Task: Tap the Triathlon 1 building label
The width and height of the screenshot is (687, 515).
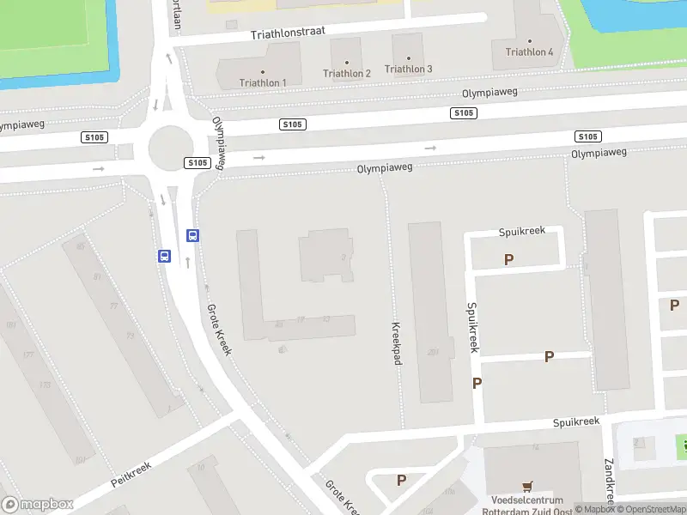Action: [x=263, y=82]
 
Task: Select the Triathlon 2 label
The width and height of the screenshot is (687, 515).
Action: [x=347, y=73]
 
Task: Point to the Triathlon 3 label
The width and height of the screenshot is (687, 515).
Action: [x=409, y=69]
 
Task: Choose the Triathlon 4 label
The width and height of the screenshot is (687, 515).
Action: [x=530, y=51]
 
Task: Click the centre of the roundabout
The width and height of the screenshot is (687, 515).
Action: [x=168, y=148]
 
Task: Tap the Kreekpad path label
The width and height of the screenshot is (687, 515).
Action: [x=397, y=344]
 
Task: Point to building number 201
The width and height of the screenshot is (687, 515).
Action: [x=434, y=351]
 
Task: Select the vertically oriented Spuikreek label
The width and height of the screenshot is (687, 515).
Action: [x=471, y=326]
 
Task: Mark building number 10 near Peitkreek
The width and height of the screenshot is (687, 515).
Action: [x=201, y=467]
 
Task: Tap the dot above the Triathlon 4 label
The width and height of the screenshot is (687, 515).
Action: [x=530, y=40]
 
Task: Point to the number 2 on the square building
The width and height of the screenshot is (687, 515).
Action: [x=343, y=257]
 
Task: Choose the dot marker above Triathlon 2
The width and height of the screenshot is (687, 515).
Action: [x=347, y=63]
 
